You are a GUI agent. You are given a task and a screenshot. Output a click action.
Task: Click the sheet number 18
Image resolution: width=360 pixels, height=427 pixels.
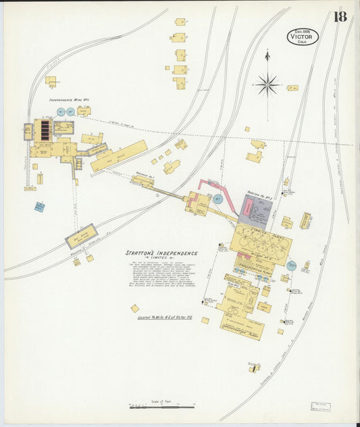coord(339,16)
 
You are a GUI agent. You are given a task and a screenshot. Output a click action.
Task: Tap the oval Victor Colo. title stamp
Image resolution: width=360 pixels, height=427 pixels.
coord(302,36)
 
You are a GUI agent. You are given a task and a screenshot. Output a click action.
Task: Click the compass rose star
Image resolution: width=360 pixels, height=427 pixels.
coord(267,84)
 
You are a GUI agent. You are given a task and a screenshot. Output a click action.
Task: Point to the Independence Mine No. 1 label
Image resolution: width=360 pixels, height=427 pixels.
coord(79,99)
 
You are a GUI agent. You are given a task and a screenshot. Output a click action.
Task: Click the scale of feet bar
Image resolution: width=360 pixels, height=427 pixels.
coord(156,407)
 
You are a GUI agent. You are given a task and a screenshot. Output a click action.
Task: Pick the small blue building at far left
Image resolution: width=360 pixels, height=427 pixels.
coord(39,207)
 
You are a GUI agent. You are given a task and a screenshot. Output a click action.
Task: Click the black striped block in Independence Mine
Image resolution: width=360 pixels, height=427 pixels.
coord(46,129)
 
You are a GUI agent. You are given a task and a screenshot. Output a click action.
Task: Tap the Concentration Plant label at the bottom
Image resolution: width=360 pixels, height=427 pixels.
coord(242,331)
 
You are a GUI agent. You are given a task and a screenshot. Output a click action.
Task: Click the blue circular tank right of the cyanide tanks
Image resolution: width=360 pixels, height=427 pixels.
coord(291,266)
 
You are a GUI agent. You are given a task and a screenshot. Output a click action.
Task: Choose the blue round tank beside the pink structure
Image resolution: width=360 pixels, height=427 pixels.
coord(217,199)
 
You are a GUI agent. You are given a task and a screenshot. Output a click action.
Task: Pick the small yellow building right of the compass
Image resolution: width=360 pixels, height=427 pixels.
coord(292,88)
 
